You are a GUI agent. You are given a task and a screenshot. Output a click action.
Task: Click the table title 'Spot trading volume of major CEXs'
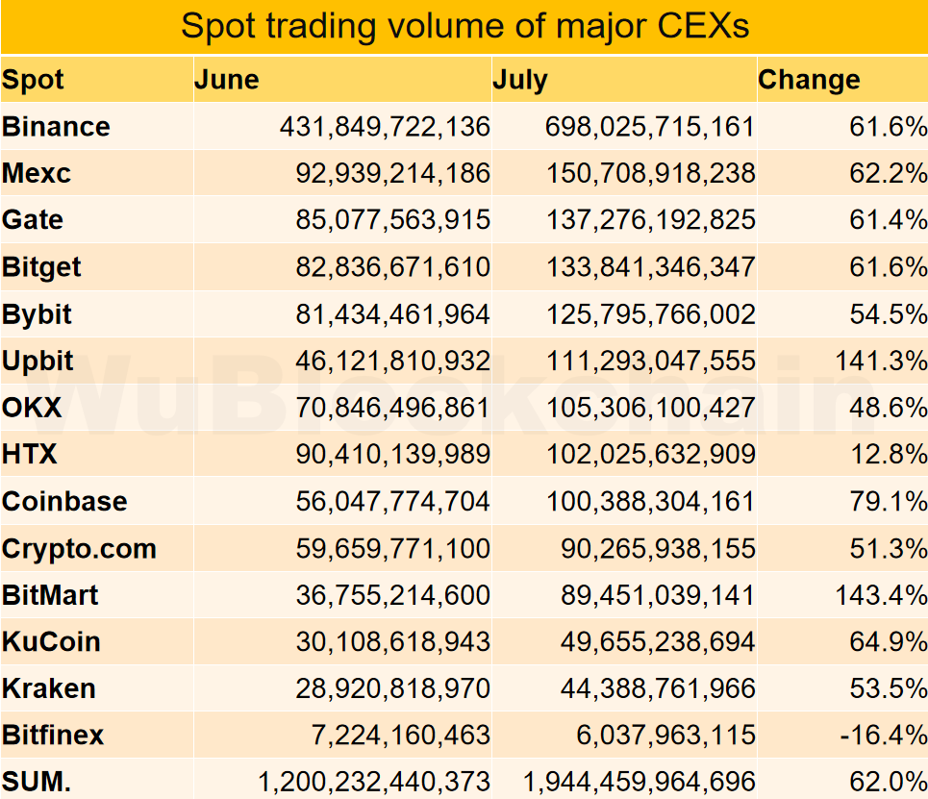[464, 26]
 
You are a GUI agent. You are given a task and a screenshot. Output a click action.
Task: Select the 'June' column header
[227, 80]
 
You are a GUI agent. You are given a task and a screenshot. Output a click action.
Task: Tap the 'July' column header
[520, 80]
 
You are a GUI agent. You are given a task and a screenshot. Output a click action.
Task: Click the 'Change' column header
[809, 80]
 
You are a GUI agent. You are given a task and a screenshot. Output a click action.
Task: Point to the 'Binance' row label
[57, 127]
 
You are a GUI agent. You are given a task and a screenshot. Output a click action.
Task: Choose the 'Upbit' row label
[38, 362]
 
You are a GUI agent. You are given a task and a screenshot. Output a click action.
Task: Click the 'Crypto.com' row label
[79, 549]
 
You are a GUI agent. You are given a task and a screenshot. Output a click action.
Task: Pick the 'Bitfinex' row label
[53, 737]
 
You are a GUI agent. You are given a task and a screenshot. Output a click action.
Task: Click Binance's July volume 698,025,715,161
[649, 127]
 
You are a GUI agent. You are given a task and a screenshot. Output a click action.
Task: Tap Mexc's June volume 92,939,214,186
[392, 174]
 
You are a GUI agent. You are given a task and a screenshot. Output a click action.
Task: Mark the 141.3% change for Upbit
[869, 362]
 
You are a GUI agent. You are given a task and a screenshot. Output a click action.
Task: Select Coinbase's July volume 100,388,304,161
[650, 502]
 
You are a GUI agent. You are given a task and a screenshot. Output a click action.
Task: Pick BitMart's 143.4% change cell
[869, 596]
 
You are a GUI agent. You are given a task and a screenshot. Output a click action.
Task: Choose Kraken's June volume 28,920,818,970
[392, 689]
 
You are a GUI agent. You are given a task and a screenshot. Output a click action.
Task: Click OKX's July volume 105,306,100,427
[650, 409]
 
